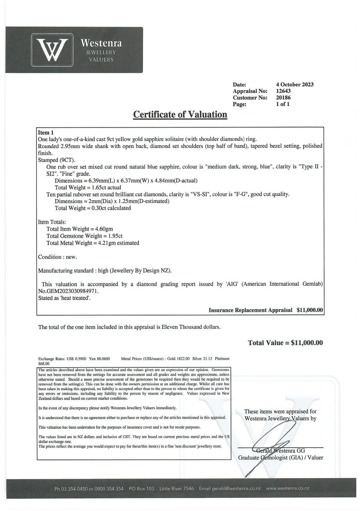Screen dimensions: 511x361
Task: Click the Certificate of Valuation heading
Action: click(180, 114)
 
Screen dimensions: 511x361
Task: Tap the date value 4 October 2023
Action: click(294, 85)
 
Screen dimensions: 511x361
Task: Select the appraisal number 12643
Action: click(284, 91)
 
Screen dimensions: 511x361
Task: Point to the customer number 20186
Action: click(284, 98)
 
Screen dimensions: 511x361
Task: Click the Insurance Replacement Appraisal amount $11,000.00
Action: click(310, 310)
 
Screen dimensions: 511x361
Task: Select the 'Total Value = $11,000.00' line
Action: click(285, 343)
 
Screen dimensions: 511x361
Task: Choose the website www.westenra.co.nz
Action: click(287, 489)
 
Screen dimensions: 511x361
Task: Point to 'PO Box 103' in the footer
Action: click(142, 489)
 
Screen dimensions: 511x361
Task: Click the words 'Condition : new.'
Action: click(57, 257)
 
